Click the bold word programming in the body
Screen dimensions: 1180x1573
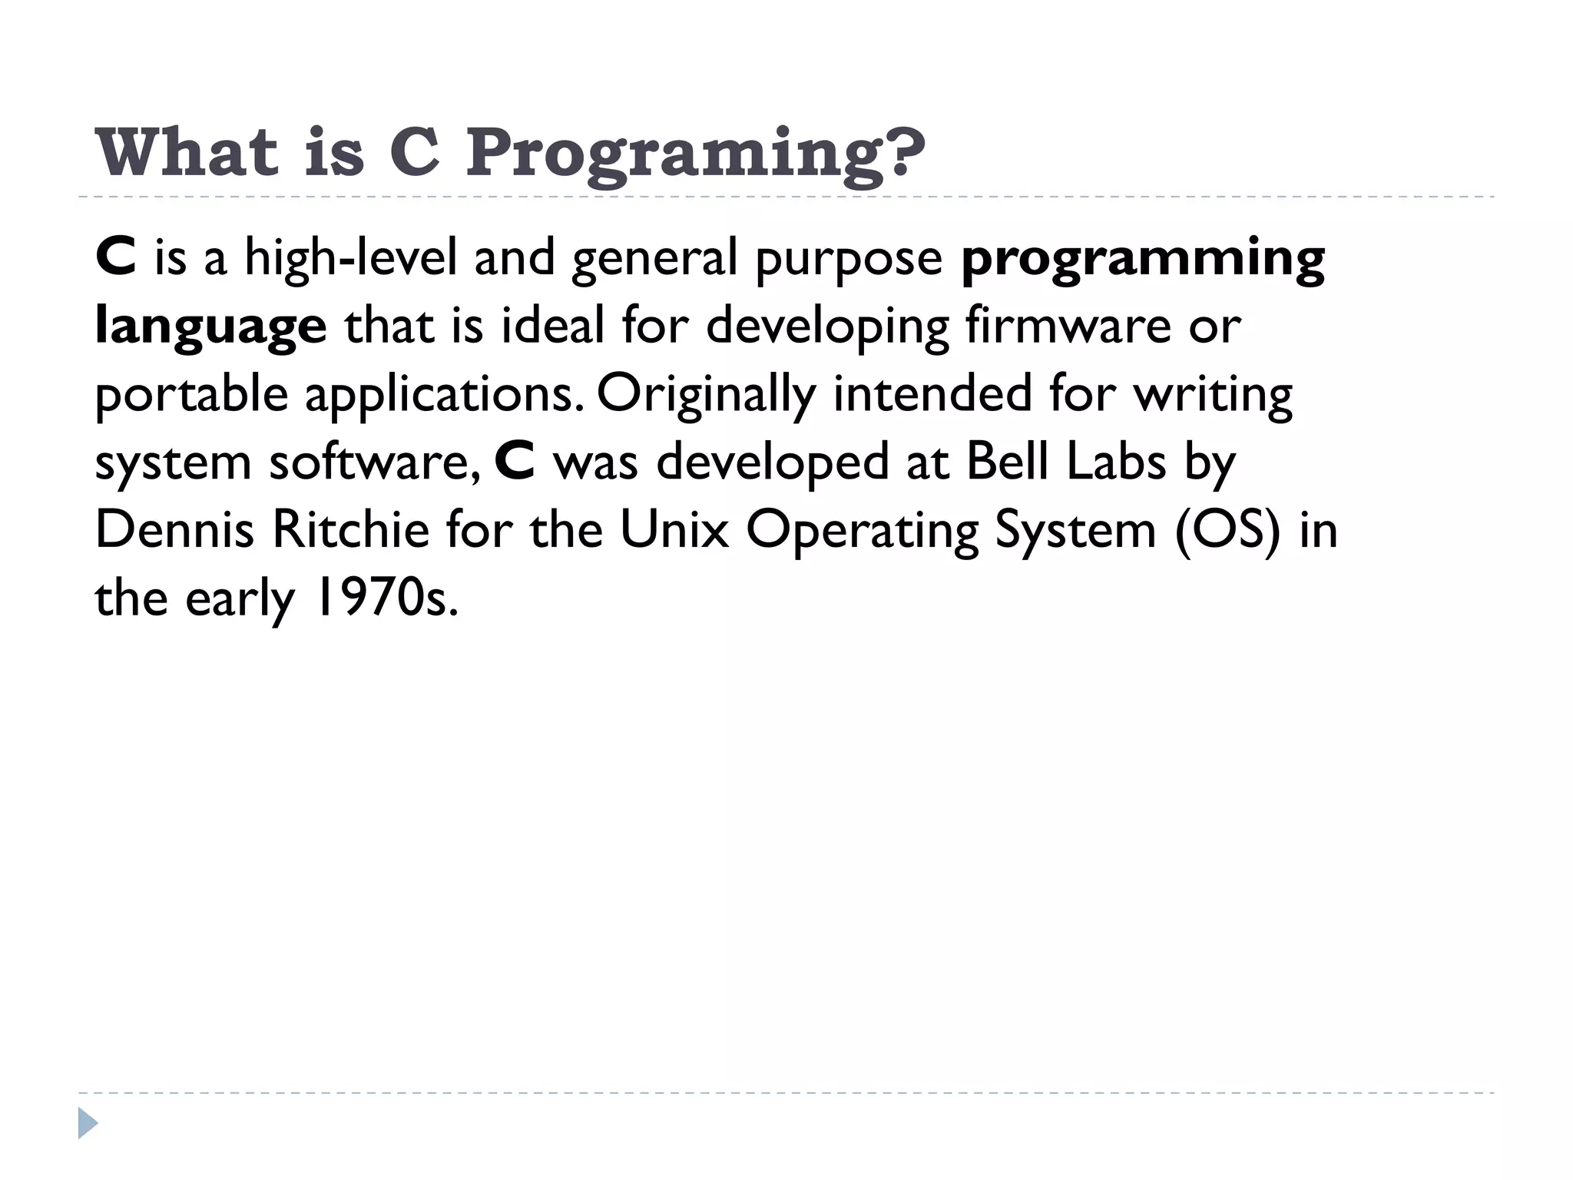pyautogui.click(x=1143, y=258)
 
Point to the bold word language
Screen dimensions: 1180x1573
pyautogui.click(x=210, y=326)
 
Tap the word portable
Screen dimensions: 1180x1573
pyautogui.click(x=191, y=395)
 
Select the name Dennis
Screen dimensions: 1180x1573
pyautogui.click(x=174, y=529)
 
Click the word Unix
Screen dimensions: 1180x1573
pyautogui.click(x=674, y=529)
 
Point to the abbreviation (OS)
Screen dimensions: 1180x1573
pyautogui.click(x=1227, y=530)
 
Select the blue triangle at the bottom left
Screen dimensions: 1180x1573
pyautogui.click(x=88, y=1123)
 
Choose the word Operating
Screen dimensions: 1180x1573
pyautogui.click(x=863, y=531)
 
